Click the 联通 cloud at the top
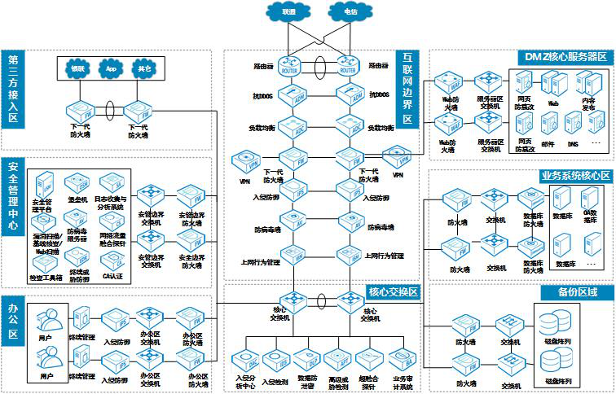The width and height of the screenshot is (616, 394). click(289, 12)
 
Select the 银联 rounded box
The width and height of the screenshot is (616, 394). click(78, 69)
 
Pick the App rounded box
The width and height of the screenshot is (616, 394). click(112, 69)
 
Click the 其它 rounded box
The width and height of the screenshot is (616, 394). click(144, 69)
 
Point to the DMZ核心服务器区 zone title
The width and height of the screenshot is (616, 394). click(563, 57)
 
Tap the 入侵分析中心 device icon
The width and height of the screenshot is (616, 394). click(245, 358)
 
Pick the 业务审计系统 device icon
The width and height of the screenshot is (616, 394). click(403, 358)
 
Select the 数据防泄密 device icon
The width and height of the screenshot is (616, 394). click(307, 358)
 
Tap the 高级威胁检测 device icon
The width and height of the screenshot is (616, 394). click(337, 358)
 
